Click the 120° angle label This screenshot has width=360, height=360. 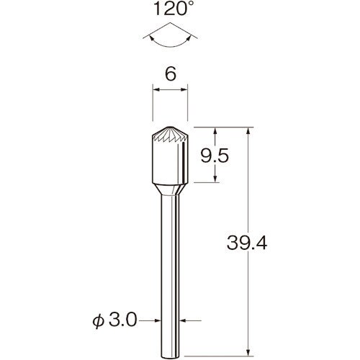(x=171, y=9)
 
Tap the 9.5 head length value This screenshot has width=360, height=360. (x=215, y=156)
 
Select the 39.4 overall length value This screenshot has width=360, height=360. (x=247, y=243)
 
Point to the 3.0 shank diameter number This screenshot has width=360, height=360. (x=123, y=320)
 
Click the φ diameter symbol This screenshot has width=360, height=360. (x=99, y=321)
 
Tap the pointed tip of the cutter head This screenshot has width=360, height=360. (x=170, y=127)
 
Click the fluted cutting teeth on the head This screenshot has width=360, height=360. (x=170, y=135)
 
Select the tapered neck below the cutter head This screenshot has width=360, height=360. (x=170, y=189)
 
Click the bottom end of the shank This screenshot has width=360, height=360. (x=170, y=359)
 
